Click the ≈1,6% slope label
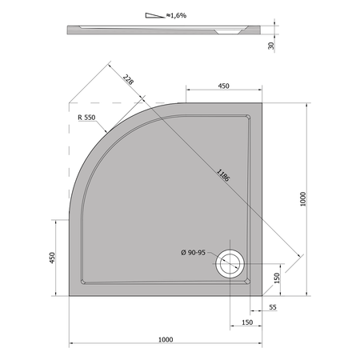point(176,15)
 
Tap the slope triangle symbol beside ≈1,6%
point(154,15)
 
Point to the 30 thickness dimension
point(271,46)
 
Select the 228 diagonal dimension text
point(128,79)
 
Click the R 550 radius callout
point(86,118)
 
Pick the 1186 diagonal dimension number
point(222,175)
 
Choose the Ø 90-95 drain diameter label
point(193,252)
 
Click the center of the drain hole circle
point(230,264)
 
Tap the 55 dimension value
point(273,307)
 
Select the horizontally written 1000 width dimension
point(166,339)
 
